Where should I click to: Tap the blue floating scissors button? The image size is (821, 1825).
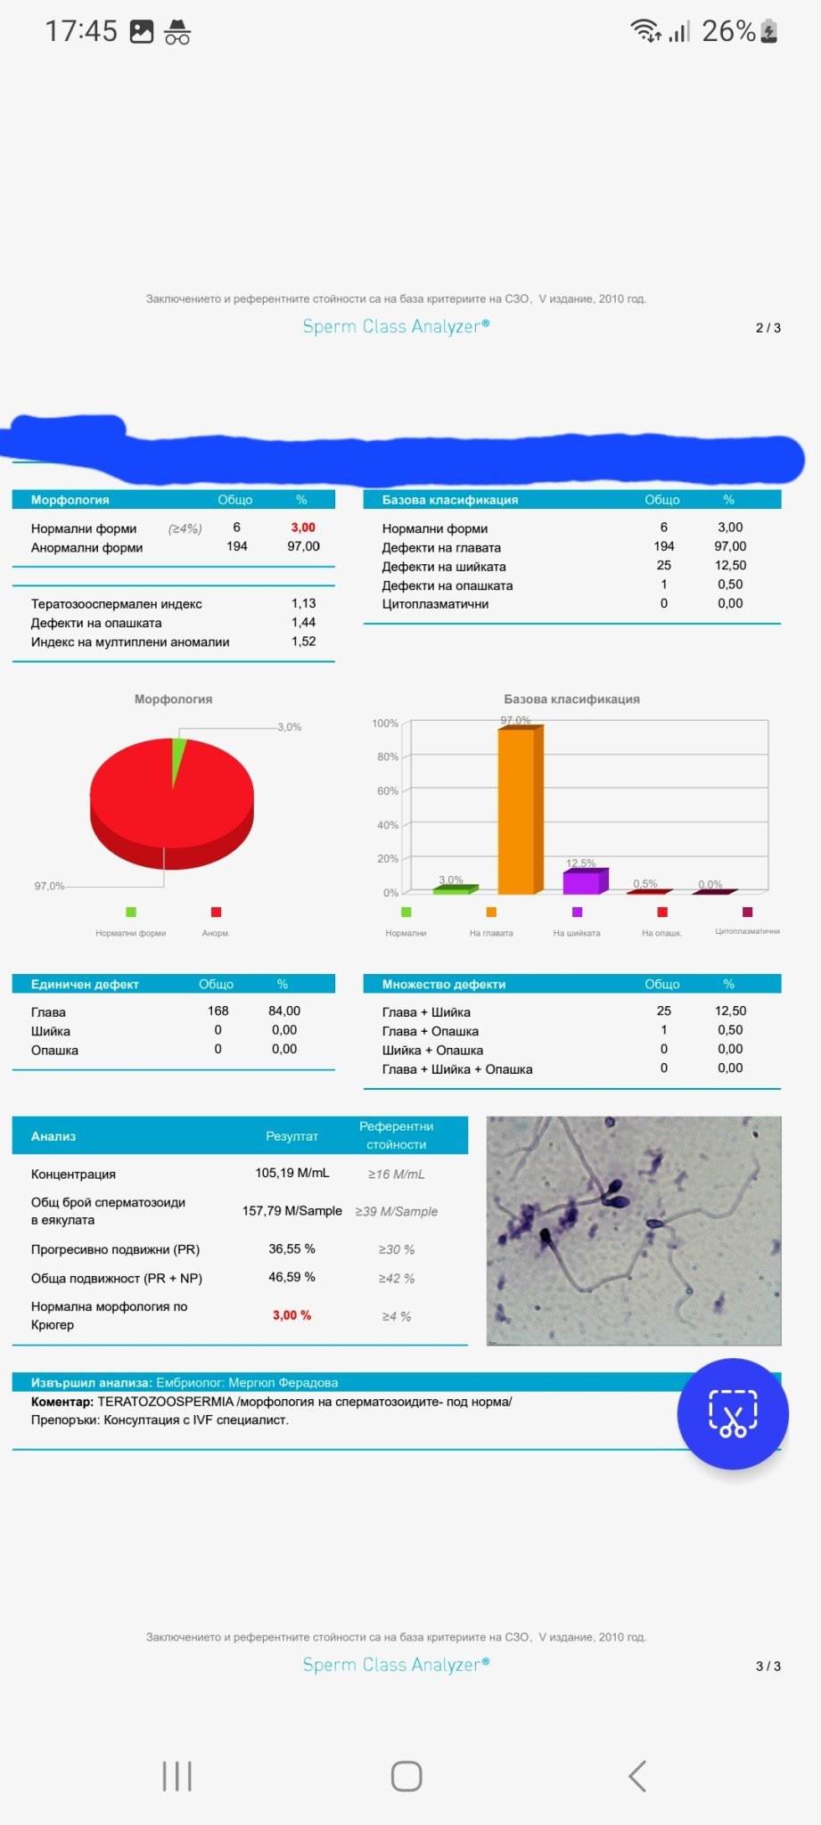733,1413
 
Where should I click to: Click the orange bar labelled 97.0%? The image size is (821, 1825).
517,811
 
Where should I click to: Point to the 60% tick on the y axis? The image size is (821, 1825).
387,791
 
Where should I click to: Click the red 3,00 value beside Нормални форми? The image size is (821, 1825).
303,528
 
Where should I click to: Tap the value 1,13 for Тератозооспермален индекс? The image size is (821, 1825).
303,603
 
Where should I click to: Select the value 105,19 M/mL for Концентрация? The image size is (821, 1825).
292,1173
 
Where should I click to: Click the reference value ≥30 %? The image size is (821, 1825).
396,1249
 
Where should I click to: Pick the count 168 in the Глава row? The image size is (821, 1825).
218,1011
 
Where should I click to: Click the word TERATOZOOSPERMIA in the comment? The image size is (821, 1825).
165,1402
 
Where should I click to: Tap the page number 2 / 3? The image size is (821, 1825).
768,328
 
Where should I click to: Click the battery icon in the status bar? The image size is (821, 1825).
769,32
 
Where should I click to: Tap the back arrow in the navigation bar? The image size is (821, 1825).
636,1776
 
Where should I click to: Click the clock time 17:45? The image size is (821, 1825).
81,31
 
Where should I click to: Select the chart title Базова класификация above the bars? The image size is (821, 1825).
571,700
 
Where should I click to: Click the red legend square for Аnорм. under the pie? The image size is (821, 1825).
216,912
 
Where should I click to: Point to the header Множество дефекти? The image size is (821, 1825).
444,984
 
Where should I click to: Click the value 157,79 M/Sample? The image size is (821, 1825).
292,1211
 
